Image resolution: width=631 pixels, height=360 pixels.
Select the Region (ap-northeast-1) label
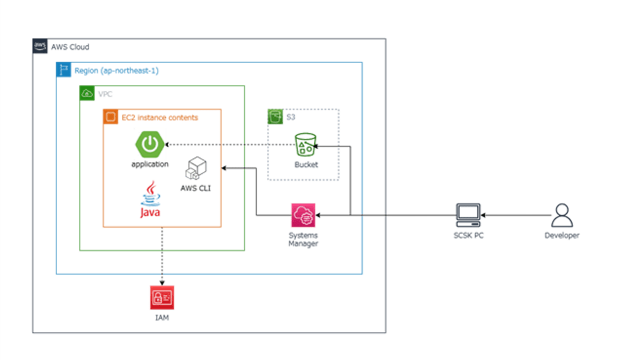coord(116,71)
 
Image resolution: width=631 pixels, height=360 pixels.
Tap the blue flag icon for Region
coord(64,70)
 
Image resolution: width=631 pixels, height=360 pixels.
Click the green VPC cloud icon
coord(87,93)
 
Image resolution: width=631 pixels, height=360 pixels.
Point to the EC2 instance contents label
coord(160,117)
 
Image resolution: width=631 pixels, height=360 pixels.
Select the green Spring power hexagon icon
coord(149,144)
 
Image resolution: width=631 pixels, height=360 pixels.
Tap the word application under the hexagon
coord(150,164)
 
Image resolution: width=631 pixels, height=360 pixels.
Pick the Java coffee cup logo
coord(150,199)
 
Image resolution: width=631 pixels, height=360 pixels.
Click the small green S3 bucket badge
coord(275,117)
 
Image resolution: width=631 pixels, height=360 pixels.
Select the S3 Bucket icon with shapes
coord(306,145)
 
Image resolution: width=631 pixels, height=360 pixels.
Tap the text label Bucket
coord(306,165)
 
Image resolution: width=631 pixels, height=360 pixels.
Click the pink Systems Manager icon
coord(303,215)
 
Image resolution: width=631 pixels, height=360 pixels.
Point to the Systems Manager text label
coord(303,239)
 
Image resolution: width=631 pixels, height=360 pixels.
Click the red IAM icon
coord(162,298)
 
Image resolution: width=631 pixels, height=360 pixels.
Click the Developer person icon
coord(561,215)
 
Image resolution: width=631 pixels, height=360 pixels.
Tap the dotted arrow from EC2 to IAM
coord(162,256)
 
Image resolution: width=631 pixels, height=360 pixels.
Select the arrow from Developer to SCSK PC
coord(515,215)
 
